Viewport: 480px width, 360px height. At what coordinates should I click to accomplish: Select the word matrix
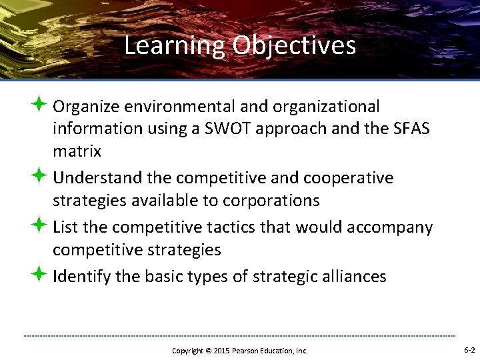coord(77,151)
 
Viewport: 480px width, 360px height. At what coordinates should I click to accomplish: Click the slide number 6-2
coord(469,349)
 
